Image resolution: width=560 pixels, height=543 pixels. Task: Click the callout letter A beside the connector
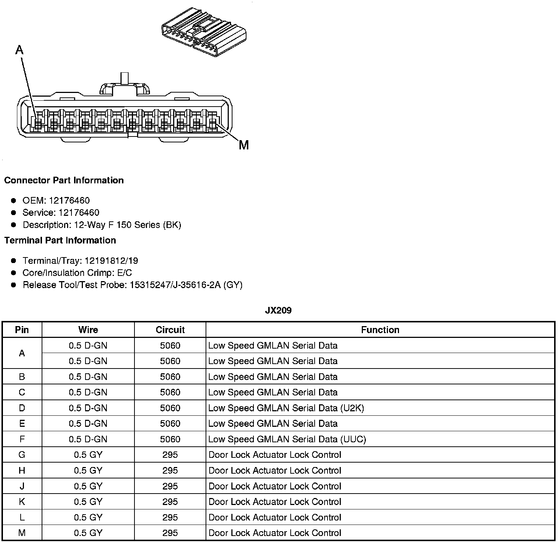click(20, 49)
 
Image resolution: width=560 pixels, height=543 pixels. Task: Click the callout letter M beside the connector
click(244, 145)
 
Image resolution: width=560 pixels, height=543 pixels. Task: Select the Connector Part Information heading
click(64, 180)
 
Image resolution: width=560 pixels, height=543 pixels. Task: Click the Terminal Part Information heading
click(60, 241)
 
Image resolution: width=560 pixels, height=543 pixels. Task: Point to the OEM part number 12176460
click(69, 201)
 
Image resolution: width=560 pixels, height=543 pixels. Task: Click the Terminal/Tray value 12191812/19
click(111, 261)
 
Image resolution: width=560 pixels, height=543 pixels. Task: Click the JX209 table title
click(278, 311)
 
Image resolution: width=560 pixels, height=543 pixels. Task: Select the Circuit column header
click(170, 330)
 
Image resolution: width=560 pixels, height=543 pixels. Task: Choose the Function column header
click(380, 330)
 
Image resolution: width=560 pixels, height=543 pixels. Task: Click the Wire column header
click(88, 330)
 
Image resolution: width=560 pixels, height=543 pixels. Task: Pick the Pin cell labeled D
click(22, 408)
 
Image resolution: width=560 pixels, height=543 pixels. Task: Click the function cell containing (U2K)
click(286, 408)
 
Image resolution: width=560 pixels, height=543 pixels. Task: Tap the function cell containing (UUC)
click(287, 439)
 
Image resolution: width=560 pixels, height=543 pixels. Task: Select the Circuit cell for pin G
click(170, 455)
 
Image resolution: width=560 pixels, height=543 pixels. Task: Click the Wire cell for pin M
click(88, 533)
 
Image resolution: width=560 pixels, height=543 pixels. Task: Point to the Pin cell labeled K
click(22, 502)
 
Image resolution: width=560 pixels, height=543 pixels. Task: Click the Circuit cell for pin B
click(170, 377)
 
